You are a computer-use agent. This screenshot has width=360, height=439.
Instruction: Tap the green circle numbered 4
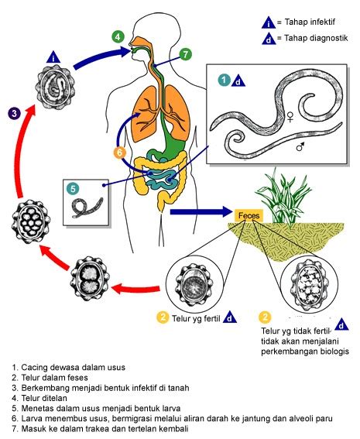pos(117,36)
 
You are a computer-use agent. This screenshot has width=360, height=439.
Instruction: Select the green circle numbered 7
pos(186,54)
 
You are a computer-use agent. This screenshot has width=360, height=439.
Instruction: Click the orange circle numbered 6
pos(119,153)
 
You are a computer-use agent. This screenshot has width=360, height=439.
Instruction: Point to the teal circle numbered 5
pos(72,187)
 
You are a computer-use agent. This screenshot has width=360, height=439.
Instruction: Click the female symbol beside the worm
pos(290,119)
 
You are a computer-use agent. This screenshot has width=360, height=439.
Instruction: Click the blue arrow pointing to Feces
pos(201,211)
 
